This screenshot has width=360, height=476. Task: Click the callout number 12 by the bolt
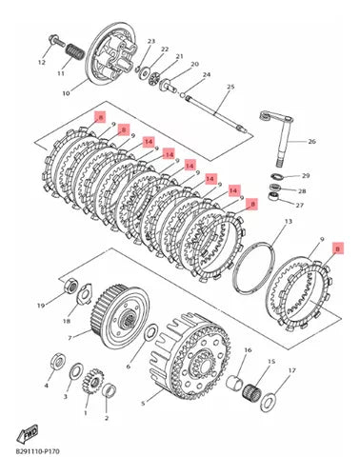(x=41, y=62)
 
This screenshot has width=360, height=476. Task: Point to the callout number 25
(x=230, y=88)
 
